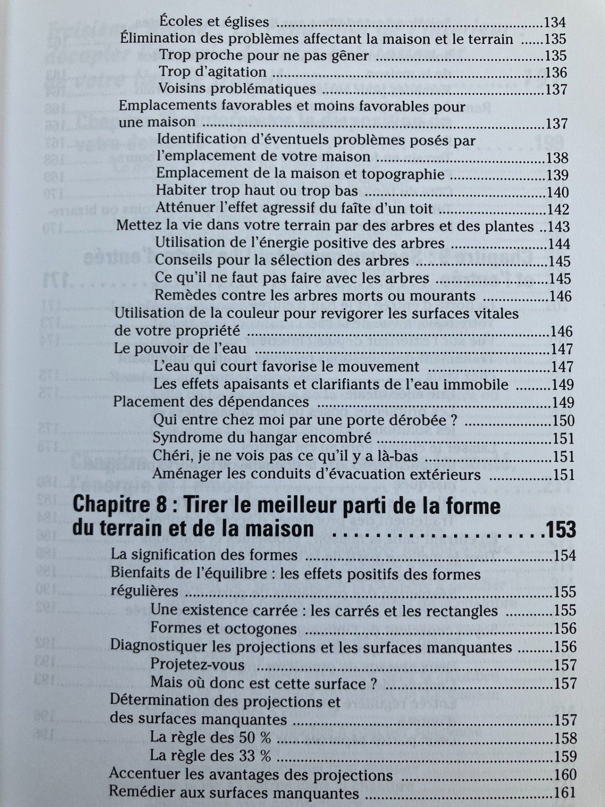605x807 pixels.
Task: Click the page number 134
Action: click(555, 22)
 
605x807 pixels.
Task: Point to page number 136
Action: click(556, 73)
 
